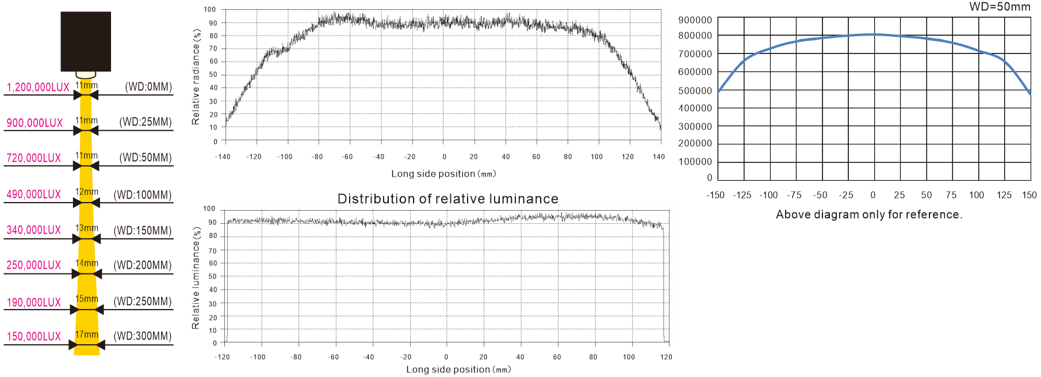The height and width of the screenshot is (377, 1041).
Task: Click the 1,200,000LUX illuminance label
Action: tap(38, 87)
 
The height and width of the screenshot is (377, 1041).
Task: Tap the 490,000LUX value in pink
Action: tap(33, 195)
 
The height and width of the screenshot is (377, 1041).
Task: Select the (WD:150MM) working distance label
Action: tap(143, 231)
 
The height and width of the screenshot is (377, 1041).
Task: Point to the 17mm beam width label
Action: tap(87, 334)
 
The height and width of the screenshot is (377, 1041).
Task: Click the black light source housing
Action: tap(86, 41)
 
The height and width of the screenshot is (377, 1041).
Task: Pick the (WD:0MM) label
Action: tap(148, 87)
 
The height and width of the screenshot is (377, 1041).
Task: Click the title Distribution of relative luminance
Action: tap(447, 199)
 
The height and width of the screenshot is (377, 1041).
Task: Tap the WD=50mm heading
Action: tap(1000, 7)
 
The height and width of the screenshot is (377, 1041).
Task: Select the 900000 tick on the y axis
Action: tap(695, 20)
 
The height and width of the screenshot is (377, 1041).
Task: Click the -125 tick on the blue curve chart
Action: tap(742, 195)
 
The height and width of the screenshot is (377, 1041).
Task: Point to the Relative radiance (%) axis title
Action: tap(196, 77)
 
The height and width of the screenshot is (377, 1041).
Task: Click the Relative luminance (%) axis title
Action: tap(196, 278)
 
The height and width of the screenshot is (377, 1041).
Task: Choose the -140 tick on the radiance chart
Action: tap(223, 157)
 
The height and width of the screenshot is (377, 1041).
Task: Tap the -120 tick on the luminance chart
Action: tap(222, 357)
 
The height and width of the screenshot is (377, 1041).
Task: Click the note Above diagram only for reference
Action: tap(868, 215)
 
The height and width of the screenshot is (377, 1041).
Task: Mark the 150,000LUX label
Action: tap(33, 337)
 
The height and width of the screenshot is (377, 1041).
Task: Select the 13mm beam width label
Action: tap(87, 228)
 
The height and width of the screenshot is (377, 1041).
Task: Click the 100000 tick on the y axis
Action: tap(695, 162)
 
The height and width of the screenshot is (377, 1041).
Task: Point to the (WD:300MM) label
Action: tap(143, 336)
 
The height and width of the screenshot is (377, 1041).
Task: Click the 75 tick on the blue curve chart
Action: tap(951, 195)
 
